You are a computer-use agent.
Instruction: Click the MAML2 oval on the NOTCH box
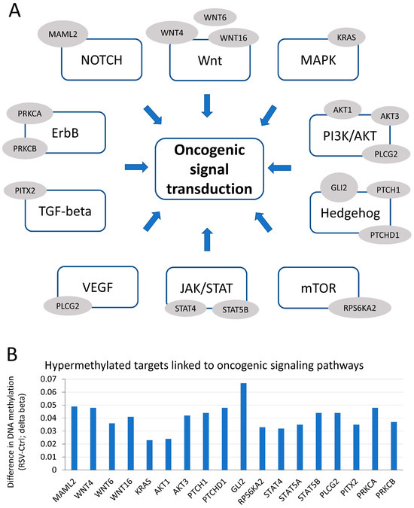pyautogui.click(x=60, y=34)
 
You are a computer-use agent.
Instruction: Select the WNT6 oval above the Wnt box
pyautogui.click(x=215, y=16)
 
